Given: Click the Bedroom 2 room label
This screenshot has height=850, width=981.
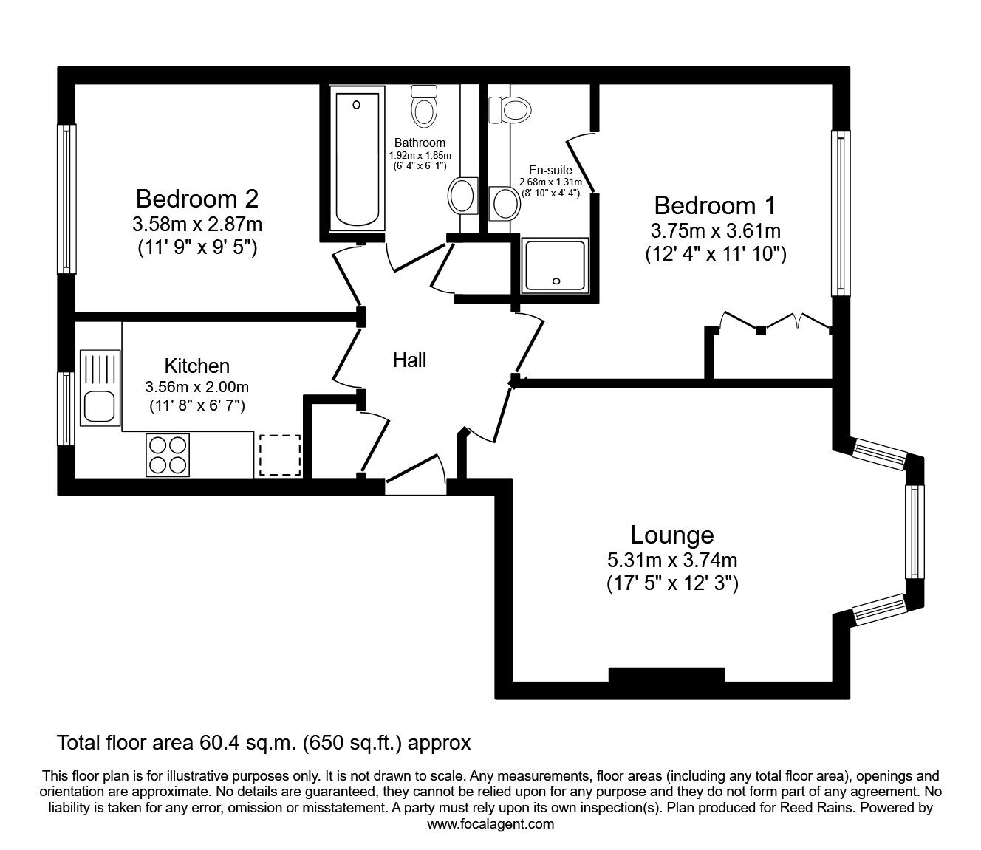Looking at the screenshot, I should (x=197, y=199).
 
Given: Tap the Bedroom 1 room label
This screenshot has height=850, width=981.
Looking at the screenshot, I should (x=715, y=205).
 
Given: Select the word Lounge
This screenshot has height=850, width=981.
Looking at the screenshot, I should (x=671, y=535).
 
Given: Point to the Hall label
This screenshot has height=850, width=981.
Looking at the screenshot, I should (x=409, y=360).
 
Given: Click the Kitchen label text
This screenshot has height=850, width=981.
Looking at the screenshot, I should (x=196, y=366).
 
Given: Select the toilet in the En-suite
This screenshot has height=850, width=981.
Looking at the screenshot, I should (x=514, y=109).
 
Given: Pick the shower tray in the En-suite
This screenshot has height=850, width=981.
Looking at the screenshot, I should (x=556, y=264).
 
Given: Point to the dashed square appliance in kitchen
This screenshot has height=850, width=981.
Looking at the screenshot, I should (x=280, y=455).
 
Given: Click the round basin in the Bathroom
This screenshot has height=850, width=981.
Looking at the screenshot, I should (x=462, y=196).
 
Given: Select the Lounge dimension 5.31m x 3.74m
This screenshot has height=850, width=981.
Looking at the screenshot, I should (x=671, y=561).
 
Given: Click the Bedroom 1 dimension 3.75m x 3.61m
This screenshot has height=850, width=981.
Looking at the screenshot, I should (x=715, y=231).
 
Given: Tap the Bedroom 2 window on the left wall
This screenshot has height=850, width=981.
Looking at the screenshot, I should (x=67, y=198).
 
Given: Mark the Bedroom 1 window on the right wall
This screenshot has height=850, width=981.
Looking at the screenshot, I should (x=840, y=213).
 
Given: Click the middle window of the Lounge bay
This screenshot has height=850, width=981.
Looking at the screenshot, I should (x=915, y=532).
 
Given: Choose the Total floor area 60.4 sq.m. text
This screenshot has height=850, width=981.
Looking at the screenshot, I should (x=264, y=741).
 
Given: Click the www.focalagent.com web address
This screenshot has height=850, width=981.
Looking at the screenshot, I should (x=490, y=824).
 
